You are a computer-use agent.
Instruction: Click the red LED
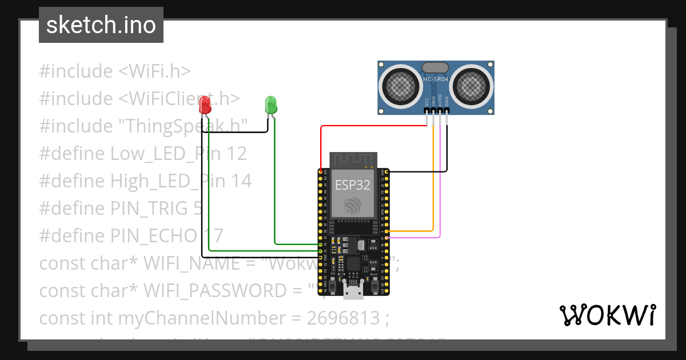coord(205,105)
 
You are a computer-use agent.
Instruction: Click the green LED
coord(271,105)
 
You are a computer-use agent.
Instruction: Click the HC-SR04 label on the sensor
coord(436,79)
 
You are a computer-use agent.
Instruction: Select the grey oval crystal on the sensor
coord(436,67)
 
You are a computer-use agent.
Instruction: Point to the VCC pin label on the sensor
coord(427,102)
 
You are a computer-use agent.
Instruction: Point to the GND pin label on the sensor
coord(447,102)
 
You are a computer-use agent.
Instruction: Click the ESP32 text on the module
coord(352,185)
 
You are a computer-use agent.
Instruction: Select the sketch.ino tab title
coord(101,25)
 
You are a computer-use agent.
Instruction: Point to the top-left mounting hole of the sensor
coord(382,65)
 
